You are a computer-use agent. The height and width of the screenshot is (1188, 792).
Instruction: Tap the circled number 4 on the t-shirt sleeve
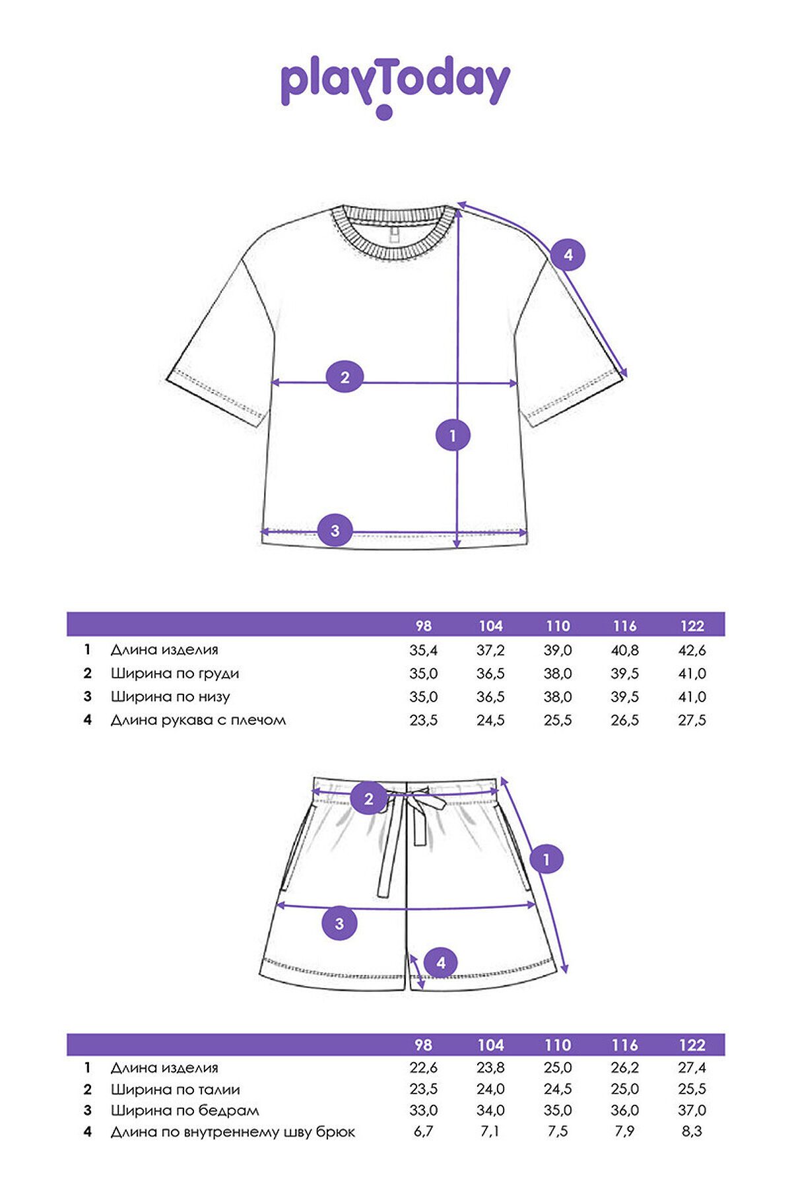click(568, 254)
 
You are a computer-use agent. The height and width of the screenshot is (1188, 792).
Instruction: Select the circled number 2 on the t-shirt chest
click(345, 378)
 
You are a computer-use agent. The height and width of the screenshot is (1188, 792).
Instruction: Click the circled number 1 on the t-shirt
click(453, 436)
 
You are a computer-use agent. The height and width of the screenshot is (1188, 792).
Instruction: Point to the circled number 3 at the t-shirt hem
click(335, 531)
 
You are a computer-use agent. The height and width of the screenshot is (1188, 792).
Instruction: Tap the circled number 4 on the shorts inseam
click(441, 963)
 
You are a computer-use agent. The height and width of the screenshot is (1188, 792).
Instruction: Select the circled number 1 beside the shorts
click(546, 860)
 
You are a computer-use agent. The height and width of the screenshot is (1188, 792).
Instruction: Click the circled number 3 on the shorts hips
click(339, 923)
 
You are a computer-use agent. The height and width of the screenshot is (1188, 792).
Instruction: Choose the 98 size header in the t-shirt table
click(424, 626)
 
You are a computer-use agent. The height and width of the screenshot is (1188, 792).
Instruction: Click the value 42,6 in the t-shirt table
click(692, 650)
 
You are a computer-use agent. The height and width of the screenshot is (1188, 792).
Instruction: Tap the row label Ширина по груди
click(175, 673)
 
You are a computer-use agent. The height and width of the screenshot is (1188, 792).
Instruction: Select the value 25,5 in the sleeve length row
click(558, 720)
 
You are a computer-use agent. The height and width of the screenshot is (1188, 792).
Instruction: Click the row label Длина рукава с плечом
click(198, 720)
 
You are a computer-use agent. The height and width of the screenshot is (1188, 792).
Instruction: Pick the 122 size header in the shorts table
click(692, 1045)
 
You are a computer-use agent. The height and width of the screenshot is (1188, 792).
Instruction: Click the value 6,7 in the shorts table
click(424, 1131)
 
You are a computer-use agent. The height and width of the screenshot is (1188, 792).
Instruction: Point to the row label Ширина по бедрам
click(185, 1110)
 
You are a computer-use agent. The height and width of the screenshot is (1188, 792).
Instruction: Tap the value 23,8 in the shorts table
click(490, 1068)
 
